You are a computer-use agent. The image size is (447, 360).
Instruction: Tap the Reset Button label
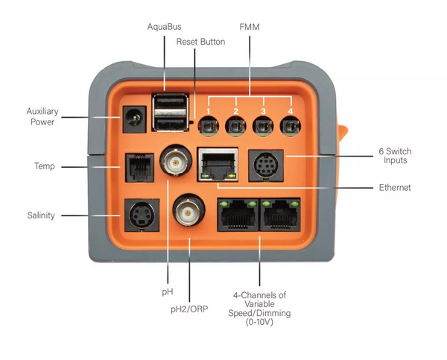tap(200, 42)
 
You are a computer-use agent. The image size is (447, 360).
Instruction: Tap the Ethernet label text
tap(395, 188)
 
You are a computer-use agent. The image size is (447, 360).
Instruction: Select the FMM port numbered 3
tap(262, 127)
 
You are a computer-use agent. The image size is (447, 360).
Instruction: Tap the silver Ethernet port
tap(216, 164)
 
